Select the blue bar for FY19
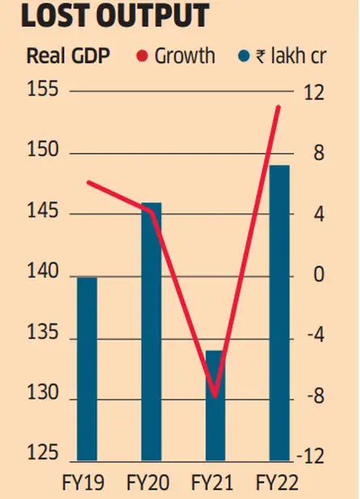pos(87,368)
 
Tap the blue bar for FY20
pos(151,332)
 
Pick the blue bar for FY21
pos(214,404)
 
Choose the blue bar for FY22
pos(278,312)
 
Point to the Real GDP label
pos(70,56)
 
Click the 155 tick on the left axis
pos(41,90)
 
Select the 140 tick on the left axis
pos(41,276)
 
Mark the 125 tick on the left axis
pos(41,455)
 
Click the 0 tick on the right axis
pos(318,276)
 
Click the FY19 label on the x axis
pos(82,484)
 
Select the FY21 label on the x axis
pos(212,484)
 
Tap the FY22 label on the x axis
pos(277,484)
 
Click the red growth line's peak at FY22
pos(279,107)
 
